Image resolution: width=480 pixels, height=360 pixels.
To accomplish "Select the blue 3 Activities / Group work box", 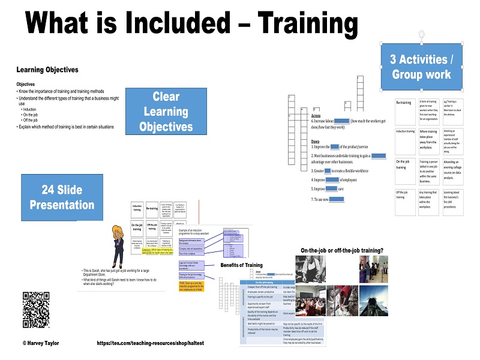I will [x=421, y=66].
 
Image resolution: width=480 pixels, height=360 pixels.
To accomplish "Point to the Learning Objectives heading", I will [x=47, y=70].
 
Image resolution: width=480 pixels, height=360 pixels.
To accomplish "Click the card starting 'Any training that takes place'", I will [x=428, y=202].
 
